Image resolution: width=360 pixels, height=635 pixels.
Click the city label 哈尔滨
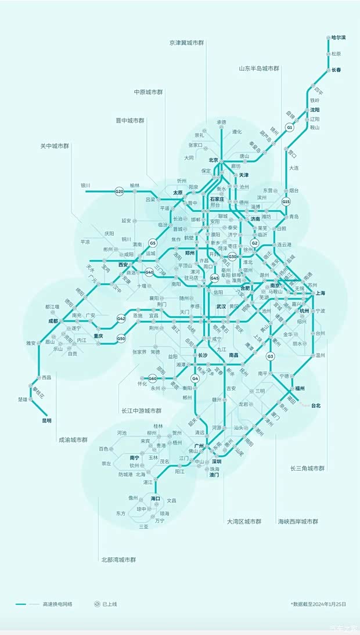(x=338, y=38)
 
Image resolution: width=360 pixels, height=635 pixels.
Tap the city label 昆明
(x=46, y=421)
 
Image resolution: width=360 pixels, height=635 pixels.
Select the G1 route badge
(x=289, y=127)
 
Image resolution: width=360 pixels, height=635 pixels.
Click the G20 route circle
(x=120, y=191)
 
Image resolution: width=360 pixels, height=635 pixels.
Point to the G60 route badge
(x=153, y=378)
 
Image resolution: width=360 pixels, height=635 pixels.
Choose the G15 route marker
(x=286, y=201)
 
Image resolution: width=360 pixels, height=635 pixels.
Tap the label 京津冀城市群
(x=187, y=43)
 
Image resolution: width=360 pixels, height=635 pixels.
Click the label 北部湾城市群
(x=118, y=560)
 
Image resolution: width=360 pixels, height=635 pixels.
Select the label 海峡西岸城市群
(x=298, y=521)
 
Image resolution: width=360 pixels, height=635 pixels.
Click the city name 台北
(x=316, y=405)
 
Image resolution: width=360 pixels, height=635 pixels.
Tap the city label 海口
(x=155, y=499)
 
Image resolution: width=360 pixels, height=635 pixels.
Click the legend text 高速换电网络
(x=57, y=604)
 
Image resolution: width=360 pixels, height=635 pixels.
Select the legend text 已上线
(x=110, y=604)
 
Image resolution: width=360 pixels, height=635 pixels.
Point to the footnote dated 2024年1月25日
(x=319, y=604)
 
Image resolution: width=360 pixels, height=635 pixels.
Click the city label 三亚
(x=143, y=526)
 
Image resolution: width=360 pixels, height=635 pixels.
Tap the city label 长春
(x=337, y=70)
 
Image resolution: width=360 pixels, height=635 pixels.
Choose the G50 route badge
(x=121, y=338)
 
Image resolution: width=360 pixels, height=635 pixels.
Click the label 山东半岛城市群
(x=259, y=68)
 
